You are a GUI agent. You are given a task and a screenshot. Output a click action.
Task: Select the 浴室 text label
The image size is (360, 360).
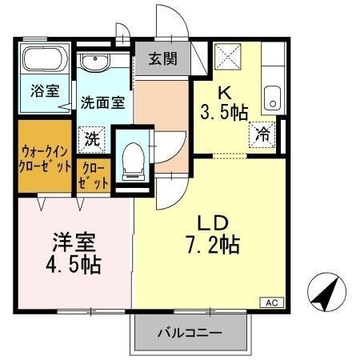click(x=45, y=90)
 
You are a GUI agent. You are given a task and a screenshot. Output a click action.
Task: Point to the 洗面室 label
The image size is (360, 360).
click(x=102, y=103)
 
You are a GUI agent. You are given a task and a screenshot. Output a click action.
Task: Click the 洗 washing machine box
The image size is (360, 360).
click(x=93, y=138)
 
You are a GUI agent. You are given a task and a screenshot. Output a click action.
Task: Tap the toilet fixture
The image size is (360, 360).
click(x=131, y=161)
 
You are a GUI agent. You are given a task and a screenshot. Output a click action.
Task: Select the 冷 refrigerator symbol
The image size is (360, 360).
click(x=262, y=134)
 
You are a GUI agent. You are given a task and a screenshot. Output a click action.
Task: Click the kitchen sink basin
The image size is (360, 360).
click(x=271, y=98)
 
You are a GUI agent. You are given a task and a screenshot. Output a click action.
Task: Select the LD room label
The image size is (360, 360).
click(x=213, y=222)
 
